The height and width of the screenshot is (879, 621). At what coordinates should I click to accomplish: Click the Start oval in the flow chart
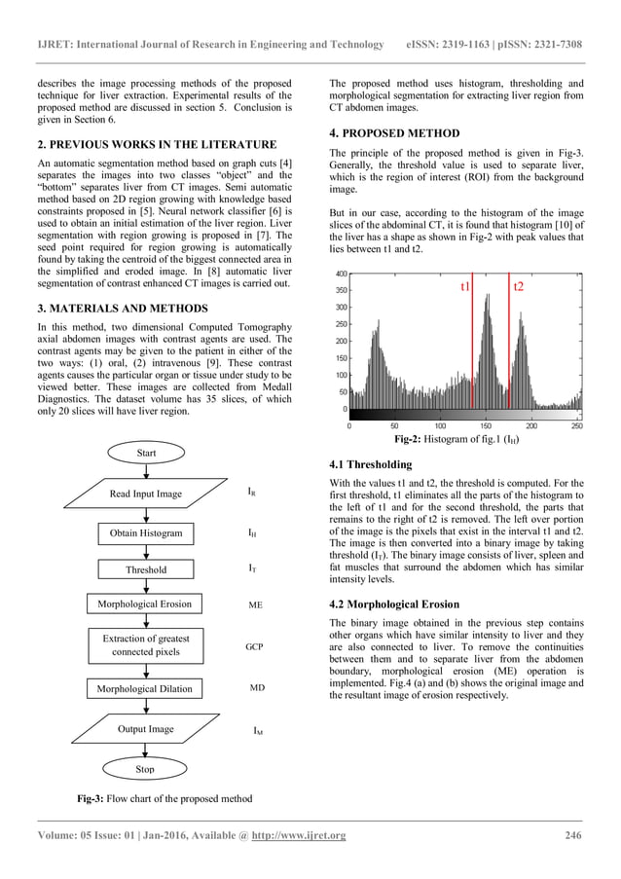click(x=145, y=452)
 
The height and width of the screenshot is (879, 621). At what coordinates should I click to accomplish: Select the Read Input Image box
click(x=145, y=494)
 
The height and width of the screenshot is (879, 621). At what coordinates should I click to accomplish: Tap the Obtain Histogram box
click(x=145, y=533)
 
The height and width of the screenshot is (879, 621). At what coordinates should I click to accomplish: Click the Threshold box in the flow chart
click(x=146, y=569)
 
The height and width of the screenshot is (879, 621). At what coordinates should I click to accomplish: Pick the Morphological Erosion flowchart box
click(x=145, y=604)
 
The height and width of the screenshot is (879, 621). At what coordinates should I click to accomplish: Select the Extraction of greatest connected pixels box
click(x=145, y=644)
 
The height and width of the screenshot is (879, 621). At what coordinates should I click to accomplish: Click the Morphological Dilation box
click(x=145, y=689)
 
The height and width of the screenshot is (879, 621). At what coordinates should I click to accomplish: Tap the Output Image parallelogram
click(x=145, y=729)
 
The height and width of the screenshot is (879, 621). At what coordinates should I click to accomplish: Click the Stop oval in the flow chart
click(x=145, y=769)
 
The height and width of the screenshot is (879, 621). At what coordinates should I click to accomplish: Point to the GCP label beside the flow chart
click(x=256, y=645)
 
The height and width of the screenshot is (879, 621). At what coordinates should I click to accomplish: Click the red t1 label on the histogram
click(x=465, y=288)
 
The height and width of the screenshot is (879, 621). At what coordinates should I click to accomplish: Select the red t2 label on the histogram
click(x=518, y=288)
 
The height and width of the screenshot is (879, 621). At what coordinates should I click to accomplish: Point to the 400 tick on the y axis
click(x=341, y=274)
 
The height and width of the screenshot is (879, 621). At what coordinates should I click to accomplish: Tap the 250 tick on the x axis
click(x=576, y=425)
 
